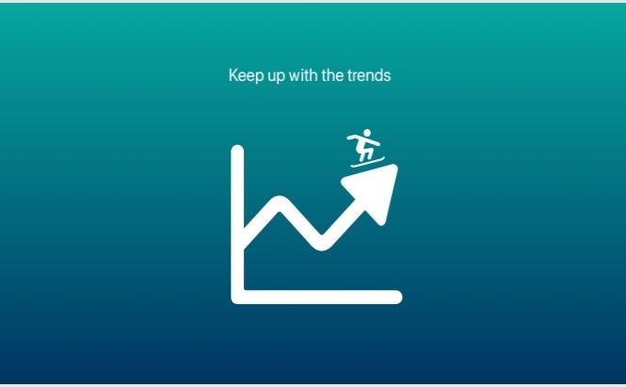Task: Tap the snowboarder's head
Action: click(367, 133)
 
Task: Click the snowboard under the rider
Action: click(368, 162)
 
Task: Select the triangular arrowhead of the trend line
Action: click(375, 190)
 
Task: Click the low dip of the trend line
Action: click(322, 244)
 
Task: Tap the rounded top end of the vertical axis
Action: click(237, 150)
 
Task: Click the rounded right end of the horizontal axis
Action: click(396, 298)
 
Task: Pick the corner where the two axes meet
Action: click(238, 298)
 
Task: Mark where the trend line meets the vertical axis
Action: click(244, 239)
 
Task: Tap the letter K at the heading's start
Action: click(233, 74)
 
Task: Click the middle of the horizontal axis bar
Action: click(316, 298)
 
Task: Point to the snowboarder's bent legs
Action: click(365, 153)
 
